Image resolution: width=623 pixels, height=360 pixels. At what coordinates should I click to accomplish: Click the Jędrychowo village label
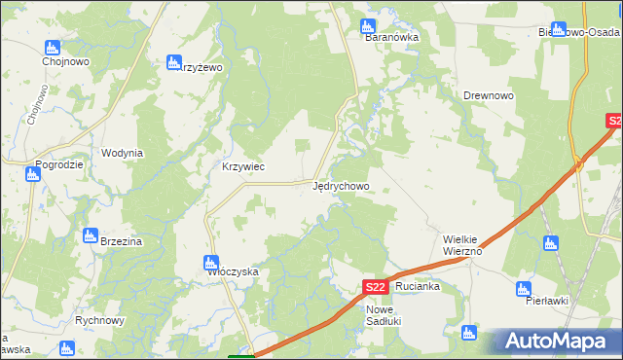(x=341, y=185)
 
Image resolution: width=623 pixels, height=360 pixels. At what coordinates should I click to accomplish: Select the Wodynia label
(x=123, y=153)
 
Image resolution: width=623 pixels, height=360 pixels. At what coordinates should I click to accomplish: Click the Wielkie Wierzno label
(x=458, y=244)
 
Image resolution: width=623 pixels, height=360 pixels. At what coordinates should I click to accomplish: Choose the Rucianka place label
(x=419, y=287)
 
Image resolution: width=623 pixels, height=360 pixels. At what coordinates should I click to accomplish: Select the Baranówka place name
(x=391, y=38)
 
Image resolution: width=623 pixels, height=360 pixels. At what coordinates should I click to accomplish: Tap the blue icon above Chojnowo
(x=53, y=47)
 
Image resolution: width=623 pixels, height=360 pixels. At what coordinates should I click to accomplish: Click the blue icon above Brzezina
(x=91, y=235)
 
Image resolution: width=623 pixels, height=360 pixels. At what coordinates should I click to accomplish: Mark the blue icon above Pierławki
(x=524, y=289)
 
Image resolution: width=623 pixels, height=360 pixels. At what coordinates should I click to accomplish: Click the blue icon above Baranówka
(x=368, y=25)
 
